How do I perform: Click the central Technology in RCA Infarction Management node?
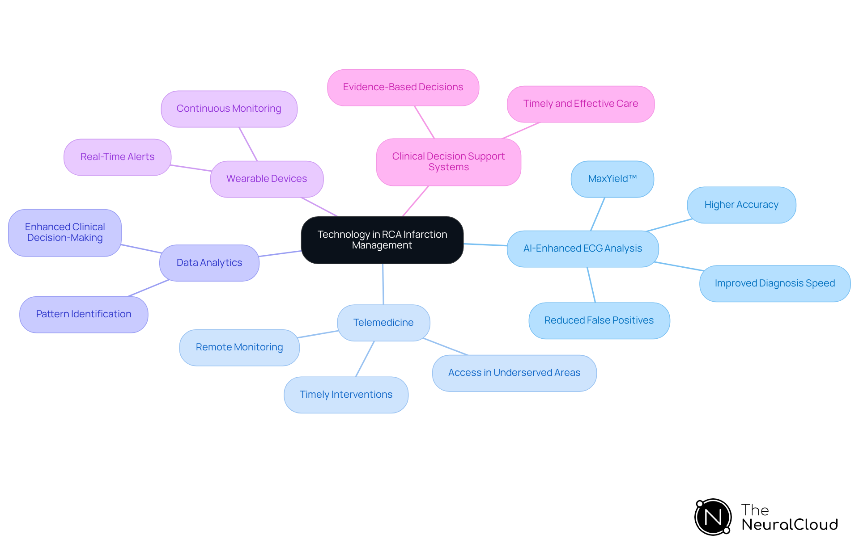382,240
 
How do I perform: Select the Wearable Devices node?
267,179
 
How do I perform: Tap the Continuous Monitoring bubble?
229,109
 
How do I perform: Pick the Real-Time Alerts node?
117,157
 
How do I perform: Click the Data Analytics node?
209,263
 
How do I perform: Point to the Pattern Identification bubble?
84,314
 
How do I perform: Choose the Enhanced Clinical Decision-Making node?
65,232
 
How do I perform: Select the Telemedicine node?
383,323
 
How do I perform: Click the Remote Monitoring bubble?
239,347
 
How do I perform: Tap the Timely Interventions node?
346,395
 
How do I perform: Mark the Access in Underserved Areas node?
514,373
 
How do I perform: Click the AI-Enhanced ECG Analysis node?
583,248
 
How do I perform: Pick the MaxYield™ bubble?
612,179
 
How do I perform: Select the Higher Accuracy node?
741,205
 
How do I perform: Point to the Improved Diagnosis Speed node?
774,283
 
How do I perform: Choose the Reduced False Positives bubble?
599,320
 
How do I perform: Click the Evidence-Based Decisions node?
403,87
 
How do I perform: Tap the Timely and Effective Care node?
580,104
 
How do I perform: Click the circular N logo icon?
713,517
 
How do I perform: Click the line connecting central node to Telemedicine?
383,284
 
